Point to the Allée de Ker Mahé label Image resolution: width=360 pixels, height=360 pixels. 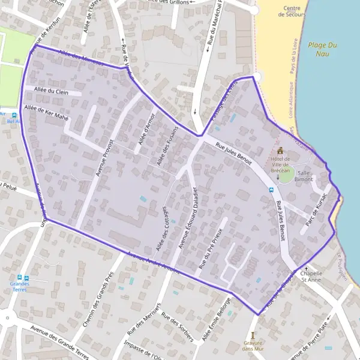click(x=46, y=112)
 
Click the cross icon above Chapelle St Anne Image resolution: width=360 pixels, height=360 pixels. click(x=307, y=268)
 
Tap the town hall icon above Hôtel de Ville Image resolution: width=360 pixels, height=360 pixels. click(x=280, y=151)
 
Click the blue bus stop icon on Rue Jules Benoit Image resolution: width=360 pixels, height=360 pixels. click(x=271, y=190)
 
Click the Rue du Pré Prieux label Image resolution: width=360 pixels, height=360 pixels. click(x=213, y=247)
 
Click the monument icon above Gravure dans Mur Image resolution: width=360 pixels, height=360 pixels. click(x=254, y=334)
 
